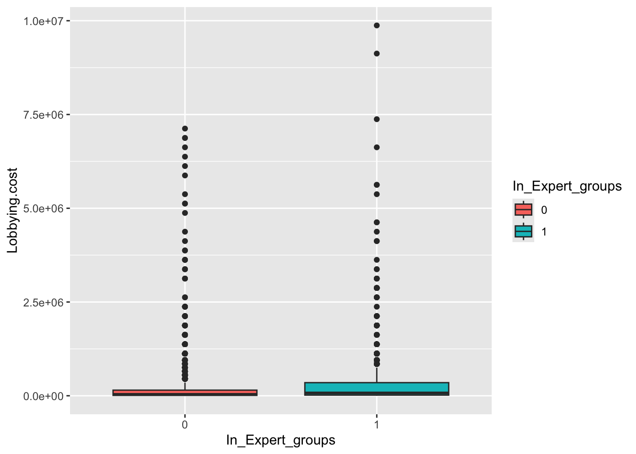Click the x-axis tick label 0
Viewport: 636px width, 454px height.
(x=185, y=425)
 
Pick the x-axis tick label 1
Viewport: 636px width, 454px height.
(x=377, y=425)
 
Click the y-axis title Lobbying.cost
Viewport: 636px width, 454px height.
(x=13, y=210)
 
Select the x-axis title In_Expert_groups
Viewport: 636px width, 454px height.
(x=281, y=440)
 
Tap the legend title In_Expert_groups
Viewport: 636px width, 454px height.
(x=567, y=186)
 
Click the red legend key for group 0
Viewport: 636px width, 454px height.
(x=523, y=210)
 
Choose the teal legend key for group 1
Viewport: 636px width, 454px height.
(x=523, y=231)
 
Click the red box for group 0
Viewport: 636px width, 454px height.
(x=185, y=393)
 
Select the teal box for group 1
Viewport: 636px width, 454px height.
(x=377, y=388)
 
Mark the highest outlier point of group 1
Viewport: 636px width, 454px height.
(x=377, y=26)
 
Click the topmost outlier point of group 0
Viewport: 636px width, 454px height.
(x=185, y=129)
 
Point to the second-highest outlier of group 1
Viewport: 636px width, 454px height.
(x=377, y=53)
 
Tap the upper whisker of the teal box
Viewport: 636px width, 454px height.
(x=377, y=375)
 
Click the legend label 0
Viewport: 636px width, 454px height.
(x=544, y=210)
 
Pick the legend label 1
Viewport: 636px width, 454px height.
(x=544, y=232)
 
